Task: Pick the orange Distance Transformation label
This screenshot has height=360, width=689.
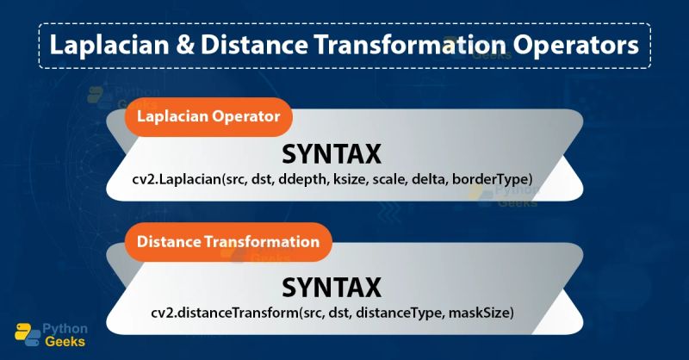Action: tap(228, 241)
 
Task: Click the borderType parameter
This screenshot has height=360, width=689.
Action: tap(499, 178)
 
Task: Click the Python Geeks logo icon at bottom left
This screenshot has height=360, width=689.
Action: tap(26, 335)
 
